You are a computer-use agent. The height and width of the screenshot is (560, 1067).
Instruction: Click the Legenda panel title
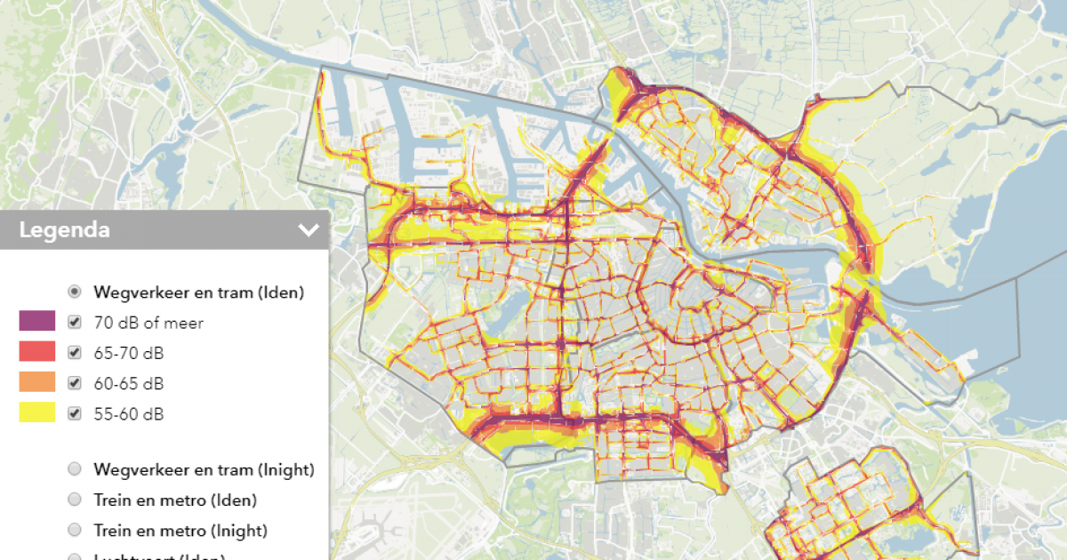pos(65,230)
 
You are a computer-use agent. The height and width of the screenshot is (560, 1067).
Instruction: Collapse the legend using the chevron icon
pos(309,230)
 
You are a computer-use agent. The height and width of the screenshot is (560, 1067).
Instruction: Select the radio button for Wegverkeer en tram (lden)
pos(75,292)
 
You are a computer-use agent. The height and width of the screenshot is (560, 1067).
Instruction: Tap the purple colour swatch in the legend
pos(37,322)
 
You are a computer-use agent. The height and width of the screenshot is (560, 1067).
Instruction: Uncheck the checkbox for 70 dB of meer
pos(75,323)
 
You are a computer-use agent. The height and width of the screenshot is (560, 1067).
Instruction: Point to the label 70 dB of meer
pos(148,323)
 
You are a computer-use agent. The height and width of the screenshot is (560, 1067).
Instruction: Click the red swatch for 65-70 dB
pos(37,352)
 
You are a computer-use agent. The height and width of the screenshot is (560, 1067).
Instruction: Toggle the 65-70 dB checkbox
pos(75,353)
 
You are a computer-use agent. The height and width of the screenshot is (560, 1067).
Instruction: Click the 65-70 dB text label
pos(129,353)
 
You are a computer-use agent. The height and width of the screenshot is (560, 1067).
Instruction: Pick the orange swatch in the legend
pos(37,382)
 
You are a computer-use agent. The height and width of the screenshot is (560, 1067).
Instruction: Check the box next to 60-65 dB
pos(75,383)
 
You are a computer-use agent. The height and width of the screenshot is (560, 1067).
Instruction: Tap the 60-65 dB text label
pos(129,383)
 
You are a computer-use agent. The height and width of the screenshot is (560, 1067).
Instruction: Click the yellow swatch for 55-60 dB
pos(37,412)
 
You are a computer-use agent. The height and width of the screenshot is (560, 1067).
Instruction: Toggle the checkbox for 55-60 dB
pos(75,413)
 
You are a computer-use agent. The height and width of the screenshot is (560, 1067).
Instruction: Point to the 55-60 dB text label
pos(129,413)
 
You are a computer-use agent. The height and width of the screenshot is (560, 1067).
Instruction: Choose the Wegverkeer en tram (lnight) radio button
pos(75,469)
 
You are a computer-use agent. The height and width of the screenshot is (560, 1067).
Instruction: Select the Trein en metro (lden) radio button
pos(75,500)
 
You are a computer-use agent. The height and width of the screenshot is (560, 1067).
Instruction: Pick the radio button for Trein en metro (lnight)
pos(75,531)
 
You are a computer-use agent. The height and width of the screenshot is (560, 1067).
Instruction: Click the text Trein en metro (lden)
pos(175,500)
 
